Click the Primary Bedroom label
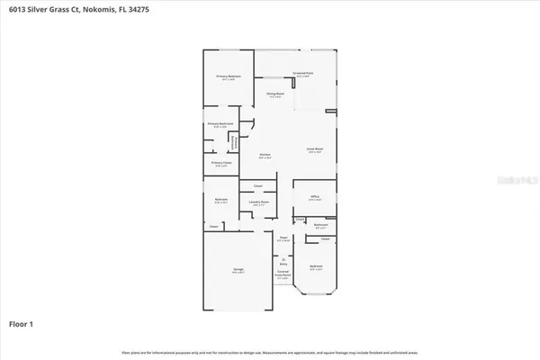coord(228,77)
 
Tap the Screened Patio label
coord(301,75)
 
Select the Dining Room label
coord(275,94)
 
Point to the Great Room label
coord(315,149)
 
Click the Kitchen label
coord(266,155)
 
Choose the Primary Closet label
coord(220,163)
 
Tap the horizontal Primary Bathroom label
coord(220,123)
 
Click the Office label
coord(315,196)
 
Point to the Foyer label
coord(283,238)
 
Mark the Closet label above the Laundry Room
coord(257,186)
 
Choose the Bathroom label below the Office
coord(320,225)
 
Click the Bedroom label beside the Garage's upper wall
coord(220,201)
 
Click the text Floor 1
coord(22,323)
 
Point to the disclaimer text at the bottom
coord(269,351)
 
